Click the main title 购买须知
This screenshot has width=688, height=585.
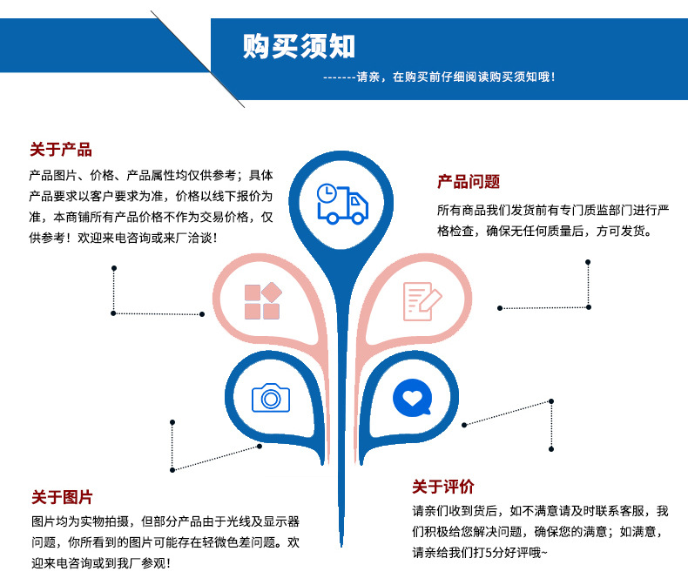pos(299,46)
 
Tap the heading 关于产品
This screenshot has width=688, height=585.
pos(61,150)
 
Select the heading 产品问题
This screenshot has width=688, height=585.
pos(469,181)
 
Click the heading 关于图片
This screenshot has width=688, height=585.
pos(62,497)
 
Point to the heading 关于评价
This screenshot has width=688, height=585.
pos(443,487)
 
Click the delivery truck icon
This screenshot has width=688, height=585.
pos(342,204)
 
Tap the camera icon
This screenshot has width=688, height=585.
pos(271,398)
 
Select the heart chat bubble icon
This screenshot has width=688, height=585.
pos(413,398)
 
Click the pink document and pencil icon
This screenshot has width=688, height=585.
pos(422,301)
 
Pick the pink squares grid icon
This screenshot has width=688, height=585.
pos(263,301)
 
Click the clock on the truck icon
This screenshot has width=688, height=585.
pos(327,193)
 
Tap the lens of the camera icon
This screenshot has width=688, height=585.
pos(271,399)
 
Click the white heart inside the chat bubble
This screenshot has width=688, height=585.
pos(412,398)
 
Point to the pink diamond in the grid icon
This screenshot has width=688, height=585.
pos(272,292)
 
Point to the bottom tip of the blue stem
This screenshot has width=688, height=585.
pos(341,547)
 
